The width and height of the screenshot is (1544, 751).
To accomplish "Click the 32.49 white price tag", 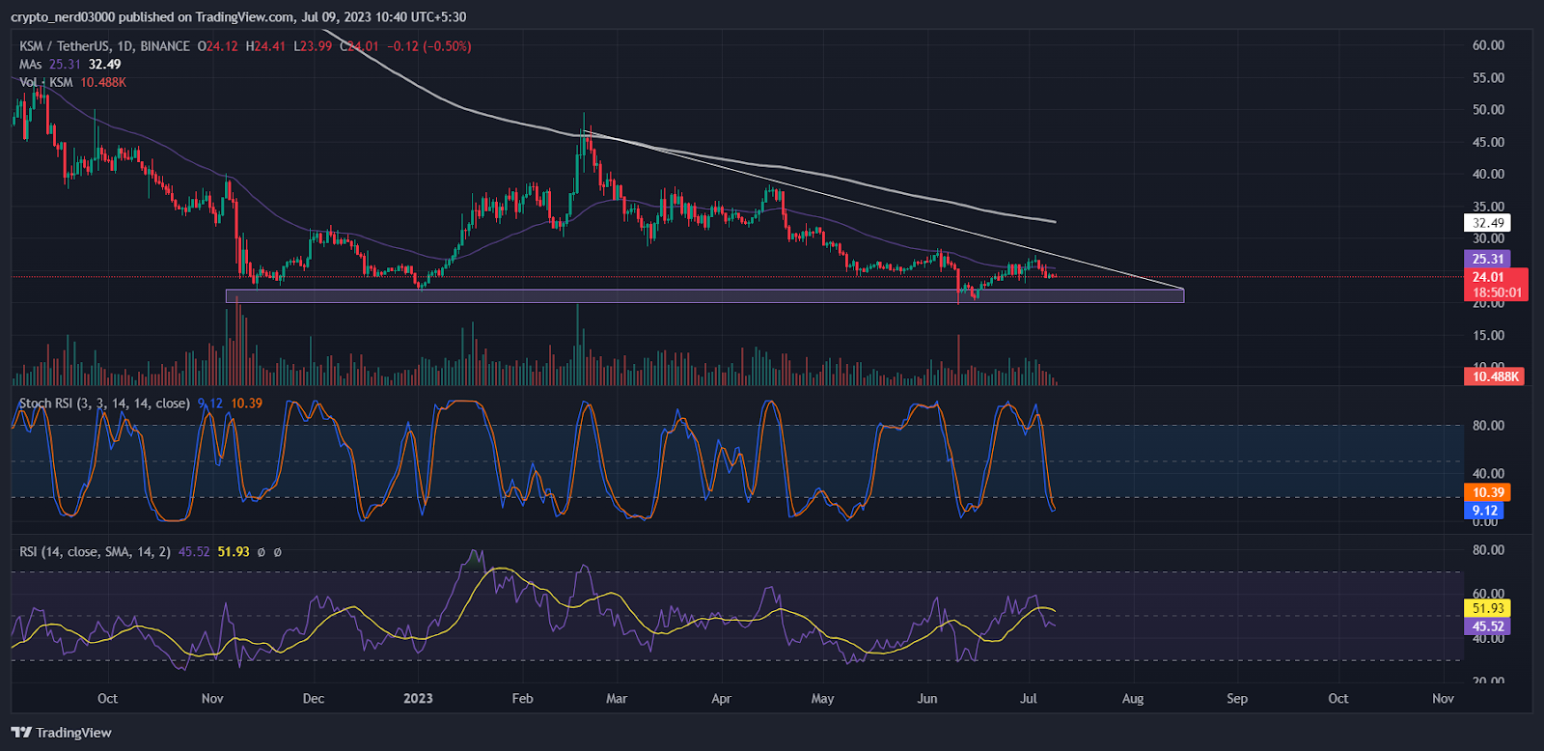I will click(1488, 223).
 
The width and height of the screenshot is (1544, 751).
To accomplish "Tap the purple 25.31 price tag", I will click(1488, 259).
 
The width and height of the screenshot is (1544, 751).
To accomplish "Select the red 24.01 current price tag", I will click(1488, 277).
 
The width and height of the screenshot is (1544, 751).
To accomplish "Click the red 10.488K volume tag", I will click(1495, 376).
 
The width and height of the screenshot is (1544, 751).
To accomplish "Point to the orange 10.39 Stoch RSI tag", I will click(1488, 492).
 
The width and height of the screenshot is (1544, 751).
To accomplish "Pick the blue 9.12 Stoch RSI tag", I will click(1484, 511).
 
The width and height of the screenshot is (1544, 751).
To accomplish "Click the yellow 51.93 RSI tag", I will click(1488, 608).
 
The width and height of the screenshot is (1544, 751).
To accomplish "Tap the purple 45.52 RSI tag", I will click(1488, 626).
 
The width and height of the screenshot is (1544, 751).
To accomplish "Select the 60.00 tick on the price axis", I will click(1488, 45).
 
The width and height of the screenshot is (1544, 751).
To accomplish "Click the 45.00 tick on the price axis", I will click(1488, 142).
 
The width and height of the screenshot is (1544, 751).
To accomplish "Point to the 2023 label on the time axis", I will click(418, 698).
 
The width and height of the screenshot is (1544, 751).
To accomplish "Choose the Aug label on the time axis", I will click(1133, 698).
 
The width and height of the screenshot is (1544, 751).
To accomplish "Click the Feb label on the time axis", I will click(522, 698).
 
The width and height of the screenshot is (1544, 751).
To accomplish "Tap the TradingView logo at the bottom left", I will click(62, 733).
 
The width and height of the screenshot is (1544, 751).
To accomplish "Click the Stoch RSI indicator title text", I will click(104, 403).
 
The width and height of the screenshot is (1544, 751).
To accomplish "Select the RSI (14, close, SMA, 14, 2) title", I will click(96, 552).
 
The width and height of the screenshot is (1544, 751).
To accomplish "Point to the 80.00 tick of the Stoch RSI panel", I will click(1488, 426).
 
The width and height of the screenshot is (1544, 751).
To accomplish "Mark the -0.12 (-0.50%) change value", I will click(429, 46).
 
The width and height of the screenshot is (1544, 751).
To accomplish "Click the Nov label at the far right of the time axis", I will click(1443, 698).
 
